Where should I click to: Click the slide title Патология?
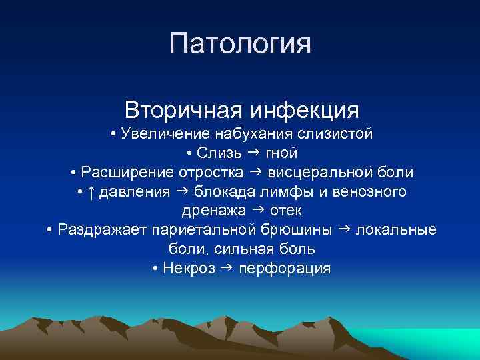[x=240, y=44]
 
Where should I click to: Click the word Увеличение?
[x=163, y=134]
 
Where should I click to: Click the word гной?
[x=282, y=153]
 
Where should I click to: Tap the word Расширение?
[x=126, y=173]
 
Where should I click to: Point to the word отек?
[x=287, y=211]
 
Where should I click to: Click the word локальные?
[x=397, y=231]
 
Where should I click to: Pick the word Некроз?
[x=189, y=269]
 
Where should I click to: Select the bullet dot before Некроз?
[x=155, y=269]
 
